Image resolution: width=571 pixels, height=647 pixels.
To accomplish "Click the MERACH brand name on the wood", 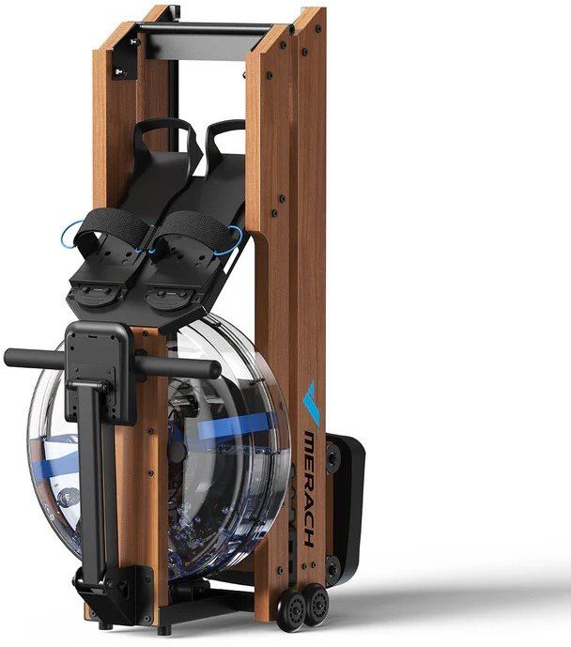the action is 310,488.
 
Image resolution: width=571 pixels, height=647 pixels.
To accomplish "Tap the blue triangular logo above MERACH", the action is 312,403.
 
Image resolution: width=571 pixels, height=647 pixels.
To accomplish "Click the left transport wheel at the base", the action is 293,610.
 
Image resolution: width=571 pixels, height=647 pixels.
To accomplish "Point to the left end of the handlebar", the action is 8,358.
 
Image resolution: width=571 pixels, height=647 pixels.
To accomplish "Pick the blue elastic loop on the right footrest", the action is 239,239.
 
